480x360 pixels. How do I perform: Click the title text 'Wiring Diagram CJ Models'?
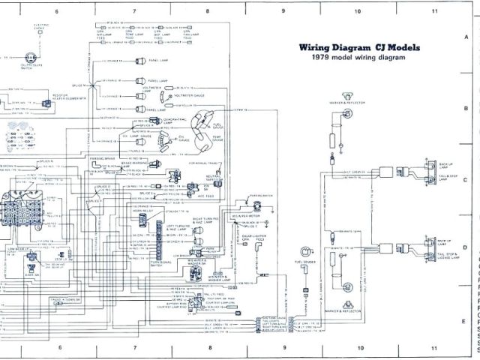coord(359,47)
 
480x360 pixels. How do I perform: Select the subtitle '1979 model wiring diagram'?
coord(358,57)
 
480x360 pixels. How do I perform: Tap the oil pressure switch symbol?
coord(31,58)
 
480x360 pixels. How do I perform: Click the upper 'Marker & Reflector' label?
coord(337,101)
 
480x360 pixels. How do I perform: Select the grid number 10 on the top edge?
coord(358,11)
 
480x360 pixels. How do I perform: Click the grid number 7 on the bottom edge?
coord(133,349)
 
